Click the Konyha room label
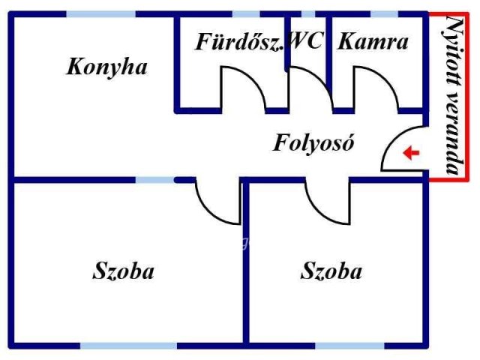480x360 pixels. pos(106,67)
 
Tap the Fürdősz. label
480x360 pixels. pos(239,42)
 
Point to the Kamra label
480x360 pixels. pos(373,42)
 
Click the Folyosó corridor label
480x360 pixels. pos(313,143)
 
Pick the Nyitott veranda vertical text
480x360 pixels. pos(454,95)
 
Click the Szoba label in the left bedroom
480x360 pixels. pos(123,271)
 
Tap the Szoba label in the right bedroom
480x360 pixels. pos(331,271)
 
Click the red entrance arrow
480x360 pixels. pos(411,152)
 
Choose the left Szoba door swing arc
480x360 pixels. pos(208,211)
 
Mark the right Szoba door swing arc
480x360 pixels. pos(318,211)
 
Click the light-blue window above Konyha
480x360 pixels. pos(101,14)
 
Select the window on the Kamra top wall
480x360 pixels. pos(385,14)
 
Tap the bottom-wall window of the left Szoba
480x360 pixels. pos(128,346)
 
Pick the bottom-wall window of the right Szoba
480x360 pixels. pos(349,346)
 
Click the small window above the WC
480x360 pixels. pos(308,14)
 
